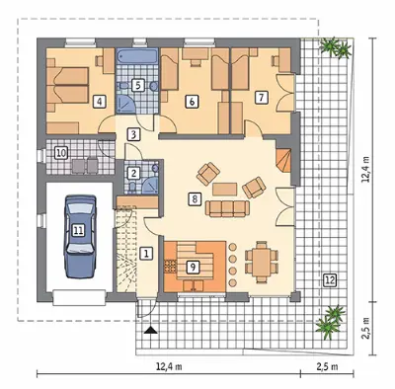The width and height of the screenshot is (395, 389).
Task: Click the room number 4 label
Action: (x=100, y=102)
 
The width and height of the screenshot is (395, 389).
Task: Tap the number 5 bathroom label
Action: (x=138, y=85)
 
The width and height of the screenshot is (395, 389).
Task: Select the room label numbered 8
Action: (x=195, y=199)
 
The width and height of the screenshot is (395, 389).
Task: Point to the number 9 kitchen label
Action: (x=193, y=267)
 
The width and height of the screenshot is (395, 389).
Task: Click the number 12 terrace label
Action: (x=330, y=280)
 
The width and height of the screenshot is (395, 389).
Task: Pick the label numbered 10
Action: (x=61, y=153)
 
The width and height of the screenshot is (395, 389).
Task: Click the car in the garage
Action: (x=80, y=236)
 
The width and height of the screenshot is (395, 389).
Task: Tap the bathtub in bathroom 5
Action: (x=138, y=55)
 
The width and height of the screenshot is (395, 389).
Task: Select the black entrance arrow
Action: (x=150, y=330)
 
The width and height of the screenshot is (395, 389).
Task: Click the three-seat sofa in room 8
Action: (x=227, y=208)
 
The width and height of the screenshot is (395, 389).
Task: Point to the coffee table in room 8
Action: (x=225, y=189)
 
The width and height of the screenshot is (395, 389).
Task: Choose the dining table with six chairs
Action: (x=262, y=262)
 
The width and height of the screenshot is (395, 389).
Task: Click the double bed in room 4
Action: (x=68, y=85)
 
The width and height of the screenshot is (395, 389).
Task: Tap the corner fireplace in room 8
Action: (x=283, y=161)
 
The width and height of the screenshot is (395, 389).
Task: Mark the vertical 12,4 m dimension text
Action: (x=365, y=170)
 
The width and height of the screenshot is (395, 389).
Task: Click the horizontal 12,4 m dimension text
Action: (x=169, y=366)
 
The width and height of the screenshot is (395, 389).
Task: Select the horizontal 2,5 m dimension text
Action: (x=327, y=366)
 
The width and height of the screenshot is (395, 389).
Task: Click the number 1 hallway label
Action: (x=146, y=254)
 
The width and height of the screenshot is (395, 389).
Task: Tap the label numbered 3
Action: (x=133, y=134)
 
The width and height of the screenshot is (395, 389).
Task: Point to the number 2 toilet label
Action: (x=133, y=173)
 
